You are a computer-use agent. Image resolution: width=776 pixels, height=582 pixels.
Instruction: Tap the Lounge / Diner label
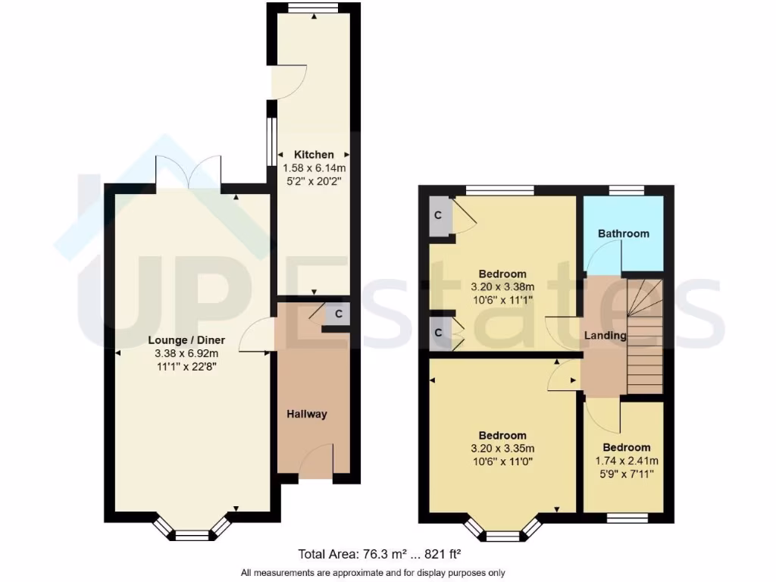pos(186,340)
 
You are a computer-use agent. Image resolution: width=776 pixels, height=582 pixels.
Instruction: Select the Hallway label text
pos(307,414)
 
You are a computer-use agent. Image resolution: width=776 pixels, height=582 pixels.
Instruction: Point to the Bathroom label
pos(624,233)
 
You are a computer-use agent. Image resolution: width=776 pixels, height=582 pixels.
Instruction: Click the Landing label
pos(605,335)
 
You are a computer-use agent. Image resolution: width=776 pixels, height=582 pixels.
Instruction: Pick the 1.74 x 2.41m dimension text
pos(626,461)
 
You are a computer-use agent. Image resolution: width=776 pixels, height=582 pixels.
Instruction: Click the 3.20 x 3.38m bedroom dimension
pos(502,286)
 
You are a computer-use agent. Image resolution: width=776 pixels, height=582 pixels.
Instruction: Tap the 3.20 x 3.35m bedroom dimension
pos(502,448)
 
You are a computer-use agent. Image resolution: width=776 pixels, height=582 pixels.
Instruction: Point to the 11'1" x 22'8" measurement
pos(186,366)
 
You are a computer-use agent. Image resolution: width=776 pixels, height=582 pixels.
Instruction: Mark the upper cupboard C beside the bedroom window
pos(438,215)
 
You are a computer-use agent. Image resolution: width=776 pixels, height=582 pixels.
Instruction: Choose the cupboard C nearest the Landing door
pos(438,333)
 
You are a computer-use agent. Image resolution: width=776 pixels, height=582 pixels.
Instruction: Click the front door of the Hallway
pos(317,460)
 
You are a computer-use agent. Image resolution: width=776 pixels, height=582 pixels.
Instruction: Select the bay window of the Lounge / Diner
pos(192,531)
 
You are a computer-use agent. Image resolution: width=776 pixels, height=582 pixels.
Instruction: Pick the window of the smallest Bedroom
pos(627,518)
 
